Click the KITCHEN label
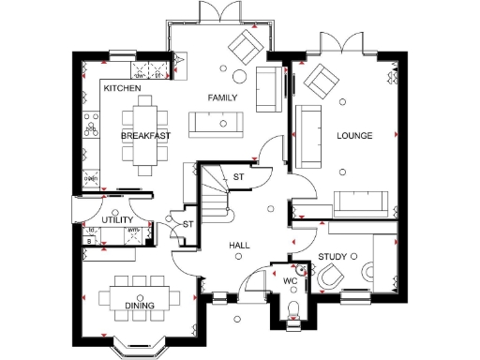click(x=123, y=88)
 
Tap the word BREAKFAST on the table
click(x=145, y=136)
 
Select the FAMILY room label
click(x=221, y=97)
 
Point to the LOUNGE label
click(x=354, y=136)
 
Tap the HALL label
click(x=239, y=245)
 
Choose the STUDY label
click(x=332, y=256)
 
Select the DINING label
click(x=140, y=306)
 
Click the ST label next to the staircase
click(x=238, y=177)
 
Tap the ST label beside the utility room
click(x=187, y=224)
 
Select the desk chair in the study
click(x=332, y=279)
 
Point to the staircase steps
click(x=217, y=192)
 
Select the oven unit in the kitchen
click(x=92, y=176)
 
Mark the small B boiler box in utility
click(x=90, y=240)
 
